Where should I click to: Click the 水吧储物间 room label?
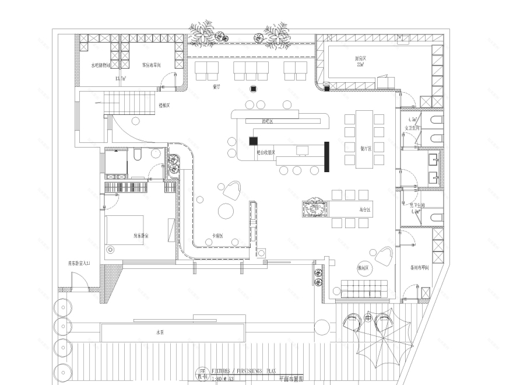pos(101,65)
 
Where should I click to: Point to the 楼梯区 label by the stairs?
pos(164,106)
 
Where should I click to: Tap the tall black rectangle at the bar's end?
pos(327,156)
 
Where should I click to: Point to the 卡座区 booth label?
pos(218,236)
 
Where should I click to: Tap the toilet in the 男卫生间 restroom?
pos(435,218)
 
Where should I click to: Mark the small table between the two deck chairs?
pos(368,317)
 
